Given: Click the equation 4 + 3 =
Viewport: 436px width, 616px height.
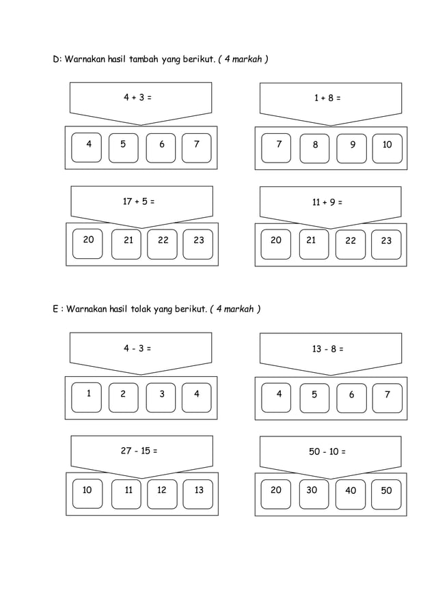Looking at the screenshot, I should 137,98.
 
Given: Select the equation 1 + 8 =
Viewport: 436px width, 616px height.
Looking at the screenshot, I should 327,98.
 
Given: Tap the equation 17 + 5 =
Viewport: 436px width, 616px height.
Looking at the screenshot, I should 139,201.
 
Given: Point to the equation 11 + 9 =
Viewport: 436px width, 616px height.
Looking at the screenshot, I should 327,202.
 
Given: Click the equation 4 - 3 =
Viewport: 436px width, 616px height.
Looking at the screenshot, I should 137,348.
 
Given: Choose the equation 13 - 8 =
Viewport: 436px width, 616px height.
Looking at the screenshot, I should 328,349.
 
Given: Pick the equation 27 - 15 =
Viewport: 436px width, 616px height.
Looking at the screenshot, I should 139,451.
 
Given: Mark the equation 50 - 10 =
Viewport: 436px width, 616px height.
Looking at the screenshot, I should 328,452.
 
